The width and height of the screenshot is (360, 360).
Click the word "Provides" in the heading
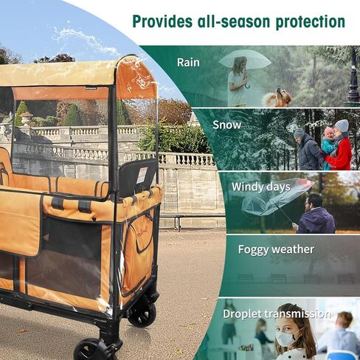pyautogui.click(x=162, y=21)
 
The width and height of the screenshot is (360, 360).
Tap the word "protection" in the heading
pyautogui.click(x=311, y=22)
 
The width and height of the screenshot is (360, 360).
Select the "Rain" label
pyautogui.click(x=188, y=63)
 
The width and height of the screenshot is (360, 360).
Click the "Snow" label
pyautogui.click(x=226, y=125)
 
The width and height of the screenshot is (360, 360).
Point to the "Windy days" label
pyautogui.click(x=260, y=187)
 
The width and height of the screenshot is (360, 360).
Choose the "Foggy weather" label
pyautogui.click(x=276, y=249)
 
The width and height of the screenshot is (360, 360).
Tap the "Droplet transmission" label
pyautogui.click(x=277, y=314)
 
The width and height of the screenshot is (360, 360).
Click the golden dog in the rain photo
pyautogui.click(x=278, y=98)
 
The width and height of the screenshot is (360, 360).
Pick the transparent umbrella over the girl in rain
pyautogui.click(x=245, y=60)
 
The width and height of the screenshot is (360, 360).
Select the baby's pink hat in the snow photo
pyautogui.click(x=328, y=131)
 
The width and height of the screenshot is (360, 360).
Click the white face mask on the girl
pyautogui.click(x=285, y=338)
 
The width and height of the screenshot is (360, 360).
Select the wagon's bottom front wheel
pyautogui.click(x=89, y=350)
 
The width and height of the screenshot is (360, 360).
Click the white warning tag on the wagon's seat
pyautogui.click(x=142, y=175)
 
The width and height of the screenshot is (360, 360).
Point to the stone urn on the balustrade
pyautogui.click(x=27, y=118)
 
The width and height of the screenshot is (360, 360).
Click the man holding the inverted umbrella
pyautogui.click(x=316, y=214)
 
